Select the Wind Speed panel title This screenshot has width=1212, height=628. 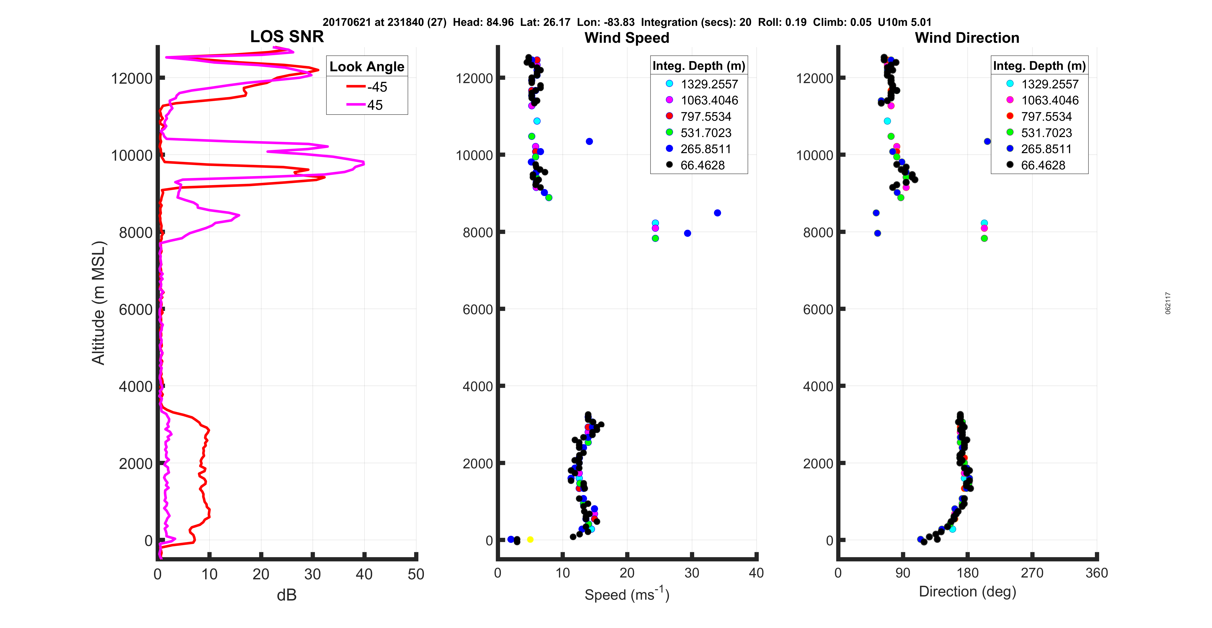pyautogui.click(x=627, y=38)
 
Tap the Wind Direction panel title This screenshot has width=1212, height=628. pyautogui.click(x=967, y=38)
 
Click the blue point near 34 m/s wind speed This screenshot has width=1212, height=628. pyautogui.click(x=717, y=213)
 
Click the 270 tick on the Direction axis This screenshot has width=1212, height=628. pyautogui.click(x=1032, y=573)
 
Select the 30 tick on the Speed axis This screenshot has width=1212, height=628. pyautogui.click(x=692, y=573)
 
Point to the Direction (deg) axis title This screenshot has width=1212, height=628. pyautogui.click(x=967, y=592)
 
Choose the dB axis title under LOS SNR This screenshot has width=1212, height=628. pyautogui.click(x=287, y=596)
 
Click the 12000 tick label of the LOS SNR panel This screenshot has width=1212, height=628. pyautogui.click(x=132, y=79)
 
